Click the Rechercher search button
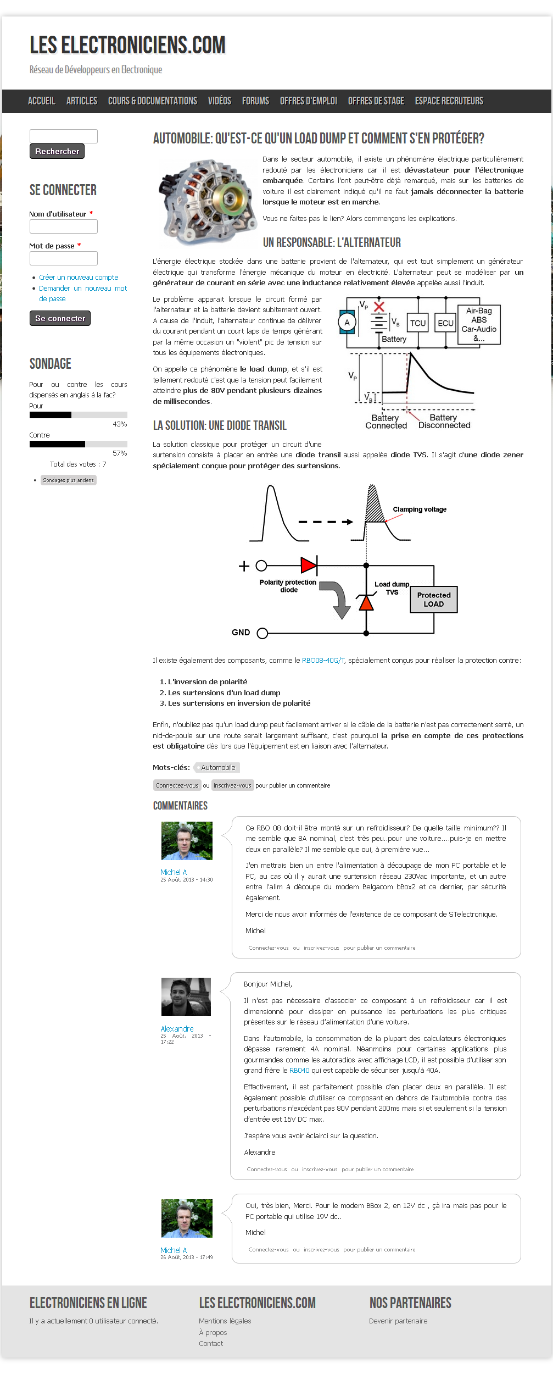(57, 151)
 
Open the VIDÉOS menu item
(219, 101)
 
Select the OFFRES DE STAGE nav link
(376, 101)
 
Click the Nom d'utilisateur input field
(64, 226)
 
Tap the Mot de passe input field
(64, 258)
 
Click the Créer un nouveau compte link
(79, 278)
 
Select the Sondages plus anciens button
(69, 480)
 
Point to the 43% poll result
(120, 424)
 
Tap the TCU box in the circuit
(418, 323)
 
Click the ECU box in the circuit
(445, 323)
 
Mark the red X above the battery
(379, 307)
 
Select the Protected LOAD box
(434, 600)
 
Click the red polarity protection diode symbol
(309, 565)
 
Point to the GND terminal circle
(262, 633)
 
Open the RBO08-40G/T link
(323, 661)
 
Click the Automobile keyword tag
(218, 768)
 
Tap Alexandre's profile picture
(186, 997)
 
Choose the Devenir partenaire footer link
(398, 1321)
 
